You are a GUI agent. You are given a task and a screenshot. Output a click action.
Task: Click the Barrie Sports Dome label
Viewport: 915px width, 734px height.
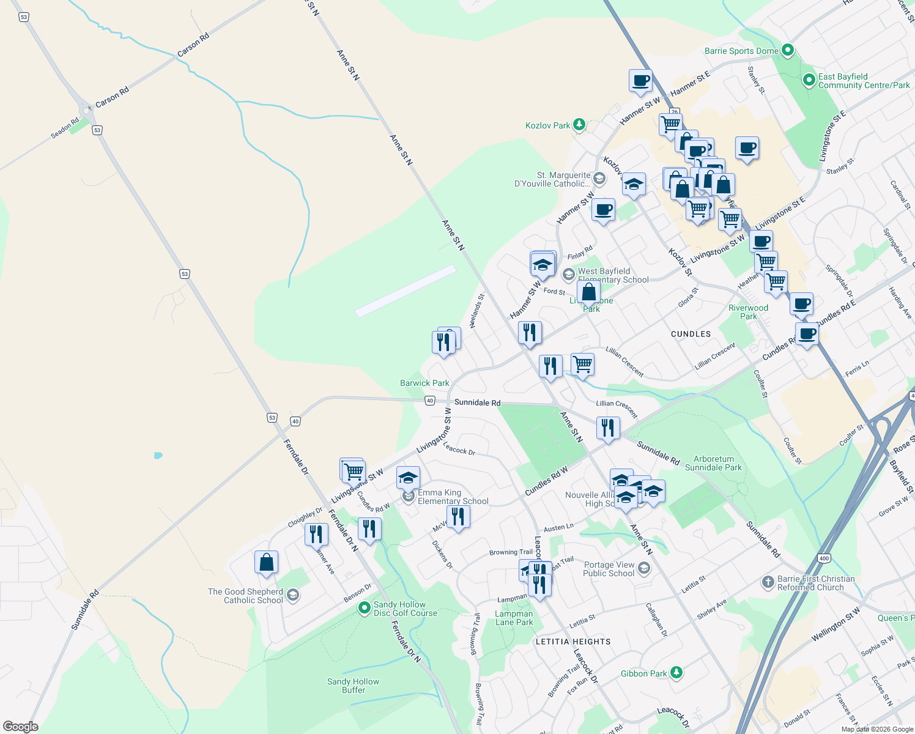tap(741, 51)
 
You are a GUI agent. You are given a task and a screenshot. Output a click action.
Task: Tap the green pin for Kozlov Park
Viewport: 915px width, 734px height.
tap(579, 125)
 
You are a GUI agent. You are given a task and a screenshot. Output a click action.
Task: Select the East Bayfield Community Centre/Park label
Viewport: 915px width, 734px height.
tap(864, 81)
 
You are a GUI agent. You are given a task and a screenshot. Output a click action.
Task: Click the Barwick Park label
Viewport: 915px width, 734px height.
tap(424, 383)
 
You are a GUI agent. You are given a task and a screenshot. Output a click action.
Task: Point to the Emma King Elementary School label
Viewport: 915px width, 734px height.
tap(453, 497)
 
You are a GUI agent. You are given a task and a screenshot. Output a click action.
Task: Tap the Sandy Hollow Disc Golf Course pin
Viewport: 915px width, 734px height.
tap(365, 607)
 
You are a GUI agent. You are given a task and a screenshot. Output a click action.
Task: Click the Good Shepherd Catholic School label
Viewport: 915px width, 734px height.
tap(245, 596)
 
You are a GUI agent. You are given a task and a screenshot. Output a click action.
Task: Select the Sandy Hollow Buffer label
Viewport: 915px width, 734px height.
tap(353, 686)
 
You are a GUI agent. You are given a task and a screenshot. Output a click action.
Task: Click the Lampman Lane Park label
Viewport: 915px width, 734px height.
tap(514, 618)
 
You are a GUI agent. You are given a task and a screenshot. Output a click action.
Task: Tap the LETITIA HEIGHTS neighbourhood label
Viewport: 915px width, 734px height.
tap(573, 642)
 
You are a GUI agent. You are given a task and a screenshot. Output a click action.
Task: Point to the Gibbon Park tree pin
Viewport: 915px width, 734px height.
tap(676, 673)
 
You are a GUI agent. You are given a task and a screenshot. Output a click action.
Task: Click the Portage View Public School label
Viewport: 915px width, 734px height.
tap(609, 569)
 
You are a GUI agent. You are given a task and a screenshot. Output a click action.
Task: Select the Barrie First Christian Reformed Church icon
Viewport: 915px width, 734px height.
tap(768, 582)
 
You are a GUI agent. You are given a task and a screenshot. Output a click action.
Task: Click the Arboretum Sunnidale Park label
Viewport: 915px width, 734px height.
tap(713, 463)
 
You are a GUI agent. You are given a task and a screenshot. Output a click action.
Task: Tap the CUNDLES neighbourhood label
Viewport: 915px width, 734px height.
tap(691, 334)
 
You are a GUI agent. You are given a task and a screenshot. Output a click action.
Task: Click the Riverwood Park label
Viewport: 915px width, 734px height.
tap(748, 312)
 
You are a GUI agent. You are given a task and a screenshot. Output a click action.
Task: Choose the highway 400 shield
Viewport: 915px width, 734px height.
tap(823, 558)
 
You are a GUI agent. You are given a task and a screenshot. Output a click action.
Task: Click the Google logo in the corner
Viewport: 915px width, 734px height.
tap(21, 727)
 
